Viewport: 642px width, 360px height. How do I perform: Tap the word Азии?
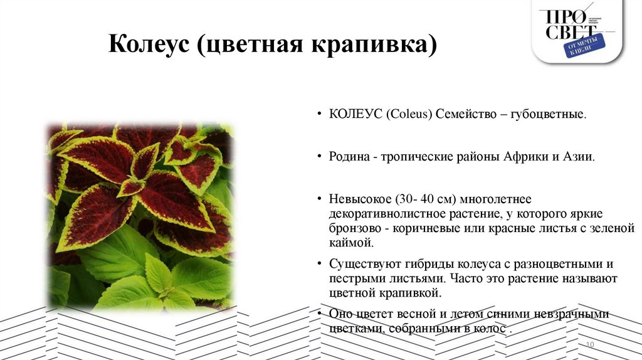[x=577, y=156]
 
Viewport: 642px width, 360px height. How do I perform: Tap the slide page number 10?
[x=589, y=346]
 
